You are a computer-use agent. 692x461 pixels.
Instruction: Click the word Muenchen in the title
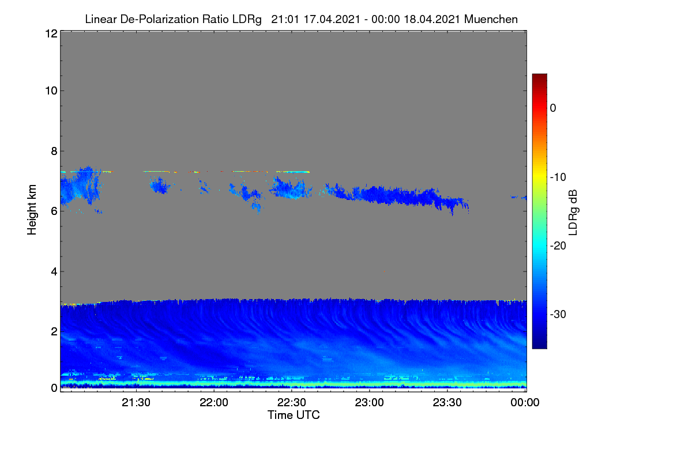tap(491, 19)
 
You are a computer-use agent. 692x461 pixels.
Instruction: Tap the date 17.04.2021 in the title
tap(332, 19)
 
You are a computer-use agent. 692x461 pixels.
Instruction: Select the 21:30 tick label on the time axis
tap(136, 402)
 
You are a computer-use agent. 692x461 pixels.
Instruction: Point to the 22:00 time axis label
tap(214, 402)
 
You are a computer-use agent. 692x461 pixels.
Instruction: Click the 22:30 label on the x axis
tap(291, 402)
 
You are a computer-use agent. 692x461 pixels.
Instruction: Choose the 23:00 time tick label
tap(369, 402)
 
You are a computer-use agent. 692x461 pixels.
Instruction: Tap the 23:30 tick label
tap(447, 402)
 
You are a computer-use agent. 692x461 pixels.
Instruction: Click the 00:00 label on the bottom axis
tap(525, 402)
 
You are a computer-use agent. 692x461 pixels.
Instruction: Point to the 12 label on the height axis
tap(51, 33)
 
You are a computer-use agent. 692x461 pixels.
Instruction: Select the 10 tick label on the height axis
tap(51, 91)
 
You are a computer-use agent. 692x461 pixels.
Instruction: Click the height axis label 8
tap(54, 151)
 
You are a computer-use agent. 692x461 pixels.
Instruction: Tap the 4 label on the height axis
tap(54, 271)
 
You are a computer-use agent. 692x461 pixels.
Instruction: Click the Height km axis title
tap(32, 210)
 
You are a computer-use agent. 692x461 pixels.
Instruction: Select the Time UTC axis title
tap(294, 415)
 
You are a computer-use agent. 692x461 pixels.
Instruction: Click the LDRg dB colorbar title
tap(573, 213)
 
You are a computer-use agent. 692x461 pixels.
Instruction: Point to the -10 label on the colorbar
tap(558, 177)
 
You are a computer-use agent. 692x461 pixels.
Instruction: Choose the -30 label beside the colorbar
tap(558, 314)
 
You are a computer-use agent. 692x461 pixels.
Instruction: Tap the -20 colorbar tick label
tap(558, 246)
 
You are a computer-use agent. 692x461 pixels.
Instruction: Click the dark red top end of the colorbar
tap(539, 75)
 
